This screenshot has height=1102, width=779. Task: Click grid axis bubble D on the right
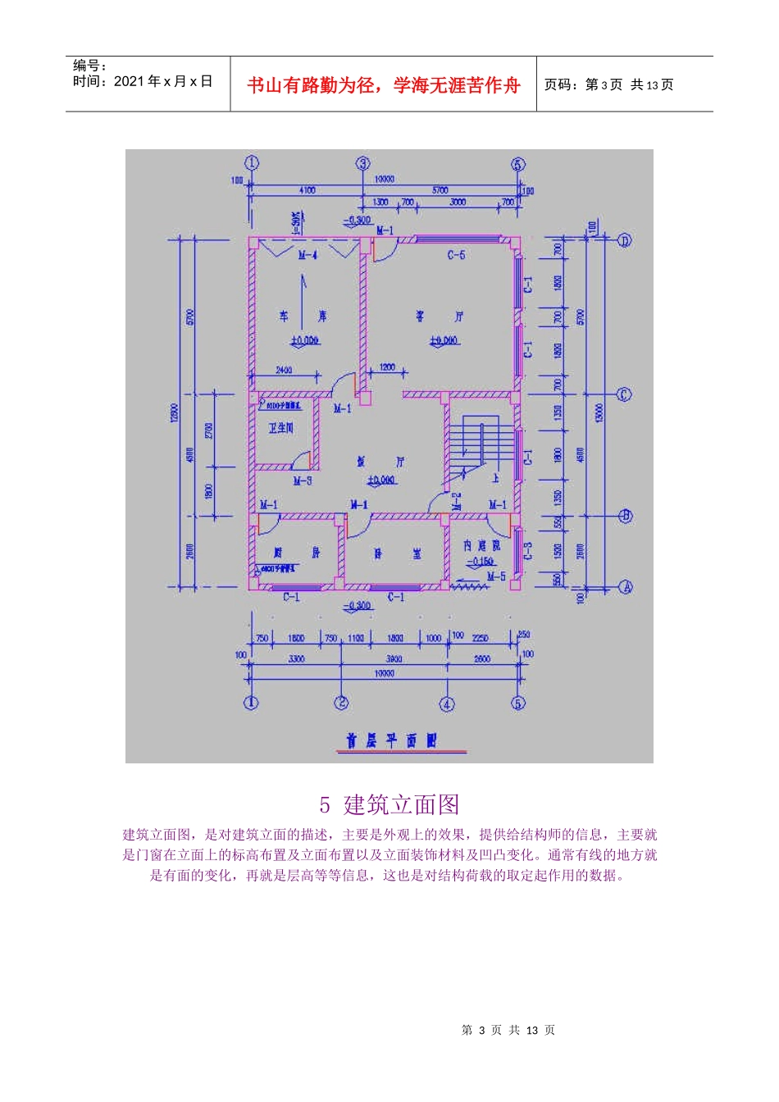(x=624, y=240)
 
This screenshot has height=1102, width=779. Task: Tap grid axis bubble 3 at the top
(x=363, y=164)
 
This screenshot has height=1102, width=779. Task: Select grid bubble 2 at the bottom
(x=341, y=703)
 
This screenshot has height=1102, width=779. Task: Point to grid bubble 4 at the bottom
(x=447, y=704)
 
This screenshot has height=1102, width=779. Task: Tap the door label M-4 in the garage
(x=307, y=255)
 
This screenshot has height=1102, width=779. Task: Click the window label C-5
(x=456, y=255)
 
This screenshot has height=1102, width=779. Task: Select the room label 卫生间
(x=281, y=428)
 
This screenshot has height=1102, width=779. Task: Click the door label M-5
(x=496, y=577)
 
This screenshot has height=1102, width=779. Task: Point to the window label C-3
(x=528, y=550)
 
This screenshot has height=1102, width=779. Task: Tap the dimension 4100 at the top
(x=307, y=190)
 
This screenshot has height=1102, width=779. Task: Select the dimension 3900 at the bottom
(x=394, y=658)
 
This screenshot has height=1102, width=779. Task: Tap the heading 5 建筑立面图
(x=389, y=805)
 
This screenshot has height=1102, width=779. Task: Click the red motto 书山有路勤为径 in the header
(x=384, y=85)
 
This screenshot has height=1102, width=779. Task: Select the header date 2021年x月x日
(x=163, y=81)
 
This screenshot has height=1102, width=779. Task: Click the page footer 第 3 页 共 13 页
(x=508, y=1031)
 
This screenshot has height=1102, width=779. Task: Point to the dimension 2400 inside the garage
(x=284, y=370)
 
